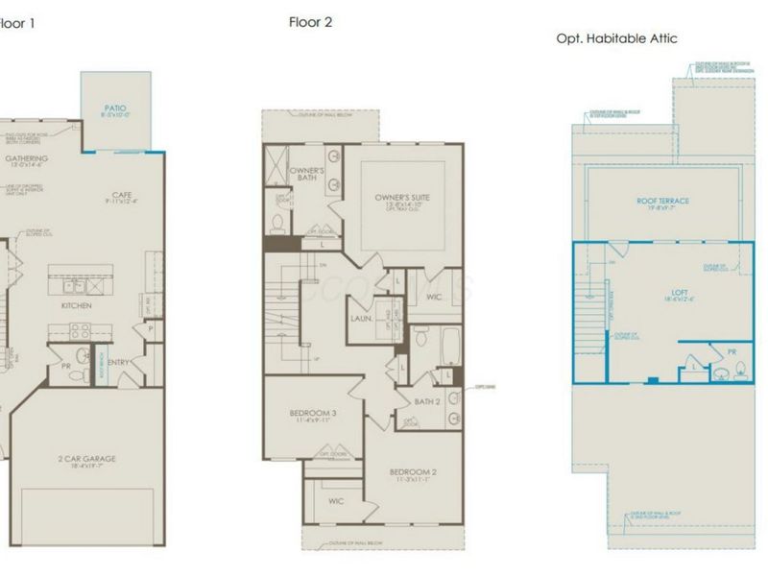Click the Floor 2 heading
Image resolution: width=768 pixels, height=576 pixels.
pos(310,22)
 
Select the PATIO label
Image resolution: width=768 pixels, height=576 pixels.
pos(115,109)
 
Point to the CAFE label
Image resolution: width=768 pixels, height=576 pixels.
pos(127,195)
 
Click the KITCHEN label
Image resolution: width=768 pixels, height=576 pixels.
pos(76,304)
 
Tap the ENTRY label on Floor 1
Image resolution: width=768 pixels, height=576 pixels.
pos(121,362)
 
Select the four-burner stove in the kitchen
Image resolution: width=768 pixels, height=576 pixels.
pos(78,329)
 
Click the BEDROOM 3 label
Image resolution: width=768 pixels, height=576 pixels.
pos(312,414)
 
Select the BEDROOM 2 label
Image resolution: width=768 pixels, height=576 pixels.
pos(413,472)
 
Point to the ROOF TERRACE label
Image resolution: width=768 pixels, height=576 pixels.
pos(662,201)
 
